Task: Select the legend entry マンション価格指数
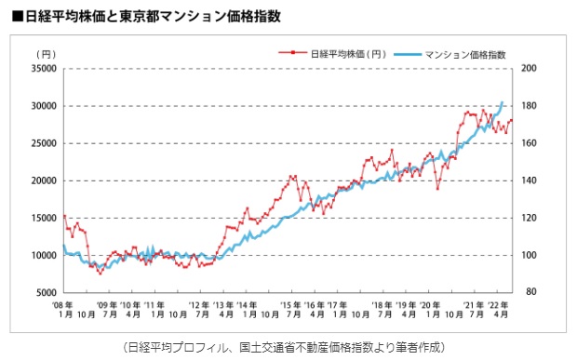pos(465,55)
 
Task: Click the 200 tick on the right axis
pos(530,69)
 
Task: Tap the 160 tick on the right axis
pos(530,143)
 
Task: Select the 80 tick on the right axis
pos(529,292)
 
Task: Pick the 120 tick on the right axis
pos(530,218)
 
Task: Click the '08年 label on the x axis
pos(63,304)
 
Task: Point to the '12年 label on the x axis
pos(199,304)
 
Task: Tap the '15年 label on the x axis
pos(292,304)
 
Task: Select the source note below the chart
pos(289,346)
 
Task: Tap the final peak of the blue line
pos(503,102)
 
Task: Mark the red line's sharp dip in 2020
pos(437,189)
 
